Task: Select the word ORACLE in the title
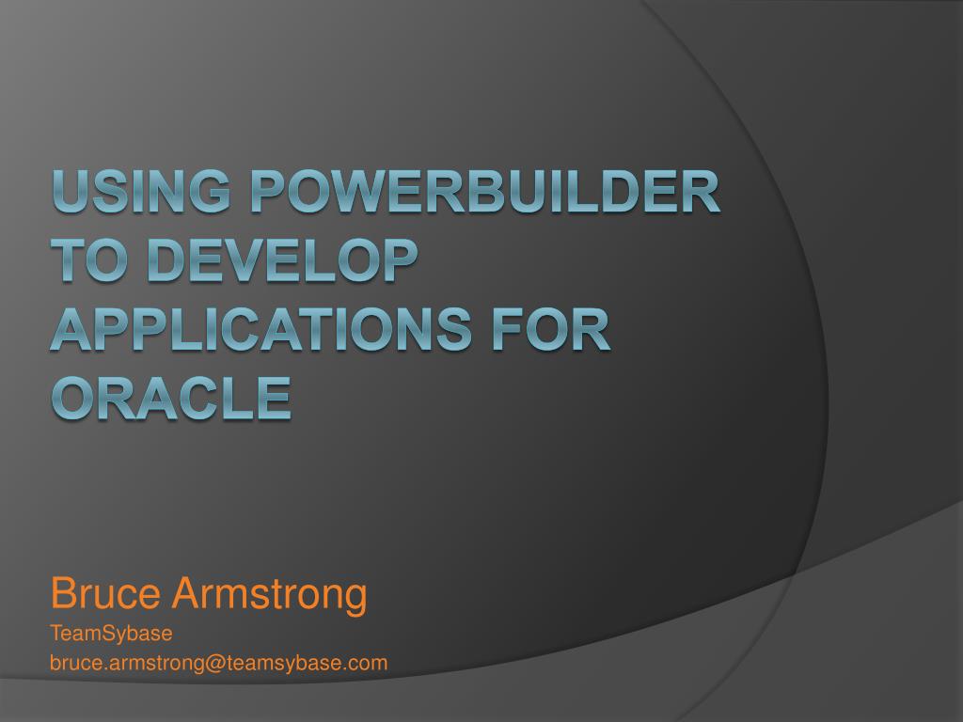(170, 397)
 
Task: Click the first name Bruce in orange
(104, 594)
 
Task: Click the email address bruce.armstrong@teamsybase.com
(218, 663)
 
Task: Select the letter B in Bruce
(62, 594)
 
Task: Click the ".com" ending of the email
(369, 663)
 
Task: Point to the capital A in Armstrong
(184, 594)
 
